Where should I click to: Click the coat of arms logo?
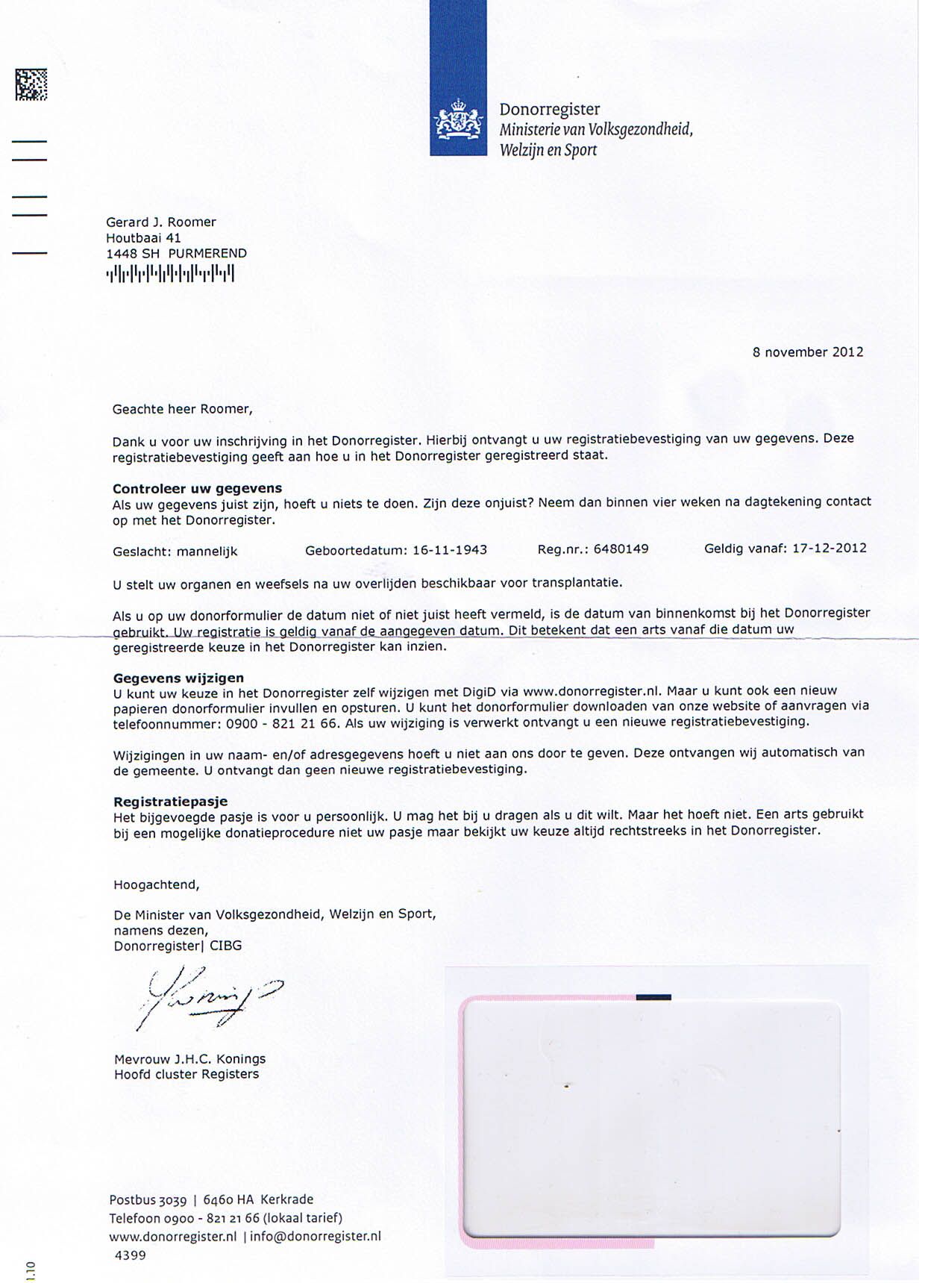[457, 120]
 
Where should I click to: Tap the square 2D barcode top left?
[31, 84]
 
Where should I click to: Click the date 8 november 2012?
[807, 352]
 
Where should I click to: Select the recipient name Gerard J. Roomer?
[160, 222]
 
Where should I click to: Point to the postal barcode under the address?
[170, 274]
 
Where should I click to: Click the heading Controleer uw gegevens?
[197, 488]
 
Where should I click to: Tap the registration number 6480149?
[621, 549]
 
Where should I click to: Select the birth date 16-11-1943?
[449, 550]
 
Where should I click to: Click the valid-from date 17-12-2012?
[829, 548]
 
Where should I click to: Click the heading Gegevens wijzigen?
[178, 678]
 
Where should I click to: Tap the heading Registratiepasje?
[170, 802]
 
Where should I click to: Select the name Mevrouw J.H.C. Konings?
[189, 1058]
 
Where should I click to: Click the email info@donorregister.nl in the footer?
[315, 1236]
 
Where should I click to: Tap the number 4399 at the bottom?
[130, 1255]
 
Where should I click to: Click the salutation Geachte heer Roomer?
[182, 409]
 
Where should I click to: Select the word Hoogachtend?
[156, 885]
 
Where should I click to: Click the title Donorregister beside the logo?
[549, 110]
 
